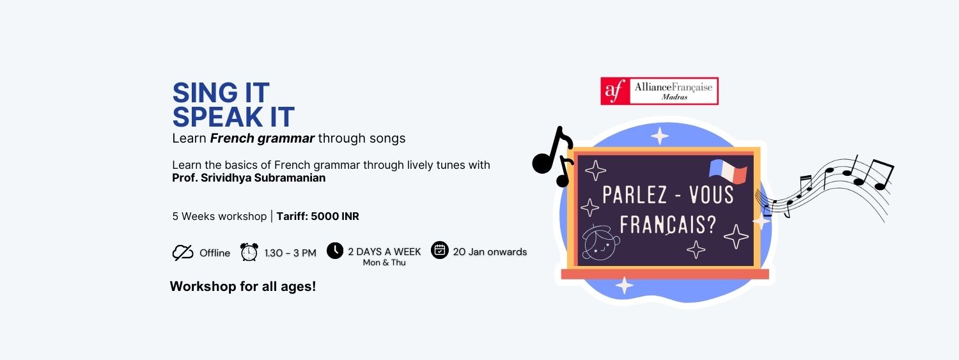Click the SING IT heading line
tap(221, 93)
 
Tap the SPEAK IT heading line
tap(233, 117)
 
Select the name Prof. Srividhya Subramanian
tap(249, 178)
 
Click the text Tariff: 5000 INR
tap(318, 216)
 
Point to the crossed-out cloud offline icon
tap(183, 253)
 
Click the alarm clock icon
tap(249, 252)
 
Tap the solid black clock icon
tap(335, 251)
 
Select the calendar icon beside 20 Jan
tap(440, 250)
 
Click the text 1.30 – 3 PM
tap(290, 253)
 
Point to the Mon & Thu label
tap(384, 262)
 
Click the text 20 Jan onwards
tap(490, 252)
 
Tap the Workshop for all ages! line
tap(243, 286)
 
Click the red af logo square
tap(615, 91)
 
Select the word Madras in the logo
tap(674, 97)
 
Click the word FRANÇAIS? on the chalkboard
tap(668, 224)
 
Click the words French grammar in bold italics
tap(262, 138)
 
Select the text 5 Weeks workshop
tap(219, 216)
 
